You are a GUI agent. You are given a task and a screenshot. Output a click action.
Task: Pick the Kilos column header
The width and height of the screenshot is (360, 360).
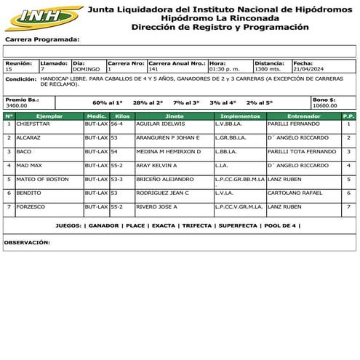click(122, 116)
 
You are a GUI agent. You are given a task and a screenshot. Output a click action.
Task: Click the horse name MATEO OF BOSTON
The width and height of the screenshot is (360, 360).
click(42, 179)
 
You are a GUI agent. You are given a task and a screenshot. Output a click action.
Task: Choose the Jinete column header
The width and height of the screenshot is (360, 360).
click(175, 116)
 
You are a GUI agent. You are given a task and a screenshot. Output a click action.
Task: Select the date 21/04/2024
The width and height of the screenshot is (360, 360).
click(308, 69)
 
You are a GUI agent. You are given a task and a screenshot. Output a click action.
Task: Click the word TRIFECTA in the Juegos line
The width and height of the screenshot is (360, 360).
click(196, 226)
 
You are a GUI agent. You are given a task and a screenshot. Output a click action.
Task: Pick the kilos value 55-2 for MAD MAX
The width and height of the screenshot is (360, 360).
click(116, 165)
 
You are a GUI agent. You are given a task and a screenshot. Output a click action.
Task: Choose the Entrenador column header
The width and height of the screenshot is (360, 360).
click(303, 116)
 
